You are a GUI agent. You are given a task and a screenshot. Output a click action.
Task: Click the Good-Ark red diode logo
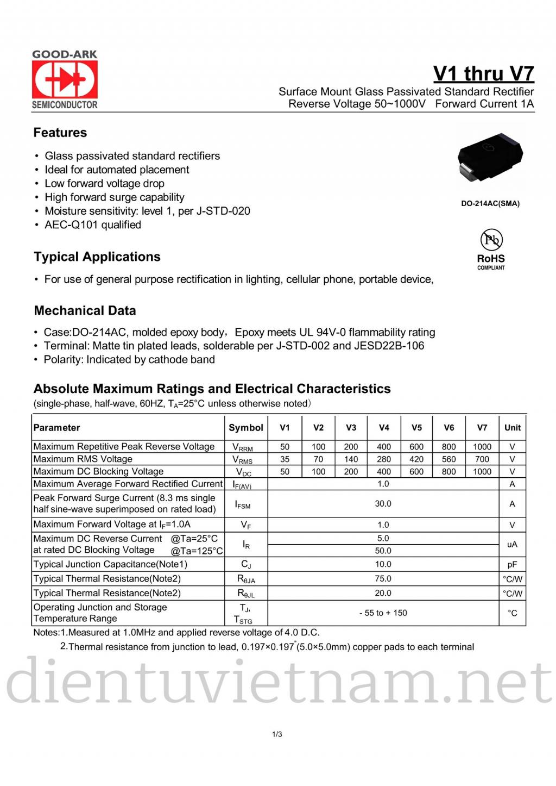(x=65, y=79)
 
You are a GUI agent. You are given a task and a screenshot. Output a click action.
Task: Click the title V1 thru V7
(x=483, y=73)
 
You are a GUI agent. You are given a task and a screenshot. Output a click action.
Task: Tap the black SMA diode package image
(x=490, y=155)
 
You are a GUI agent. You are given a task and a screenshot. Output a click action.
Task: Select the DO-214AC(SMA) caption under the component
(x=490, y=203)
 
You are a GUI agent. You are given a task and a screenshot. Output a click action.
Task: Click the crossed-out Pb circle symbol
(x=491, y=240)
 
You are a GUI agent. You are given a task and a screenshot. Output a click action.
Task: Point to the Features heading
(x=60, y=133)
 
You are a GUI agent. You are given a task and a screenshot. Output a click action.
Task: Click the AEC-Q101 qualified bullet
(x=93, y=225)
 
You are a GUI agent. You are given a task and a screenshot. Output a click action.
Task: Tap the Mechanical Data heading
(x=85, y=311)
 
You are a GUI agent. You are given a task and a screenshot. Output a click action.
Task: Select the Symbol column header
(x=246, y=428)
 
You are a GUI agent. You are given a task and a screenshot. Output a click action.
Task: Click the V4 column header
(x=384, y=428)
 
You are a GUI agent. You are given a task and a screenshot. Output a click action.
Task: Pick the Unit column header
(x=512, y=428)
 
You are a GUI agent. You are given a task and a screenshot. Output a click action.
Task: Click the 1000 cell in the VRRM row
(x=482, y=447)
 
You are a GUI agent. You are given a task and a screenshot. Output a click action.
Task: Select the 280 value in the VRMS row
(x=384, y=459)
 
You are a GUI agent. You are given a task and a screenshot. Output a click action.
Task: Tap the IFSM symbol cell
(x=243, y=504)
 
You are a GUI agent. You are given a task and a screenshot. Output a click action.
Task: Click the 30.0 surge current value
(x=383, y=504)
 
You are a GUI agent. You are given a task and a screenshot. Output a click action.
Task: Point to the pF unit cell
(x=512, y=565)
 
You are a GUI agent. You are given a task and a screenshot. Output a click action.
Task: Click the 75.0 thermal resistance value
(x=383, y=579)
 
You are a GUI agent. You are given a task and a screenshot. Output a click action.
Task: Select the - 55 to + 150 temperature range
(x=383, y=613)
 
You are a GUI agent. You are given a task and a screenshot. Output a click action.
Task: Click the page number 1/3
(x=277, y=734)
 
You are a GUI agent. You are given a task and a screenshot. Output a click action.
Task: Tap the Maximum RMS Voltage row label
(x=83, y=459)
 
